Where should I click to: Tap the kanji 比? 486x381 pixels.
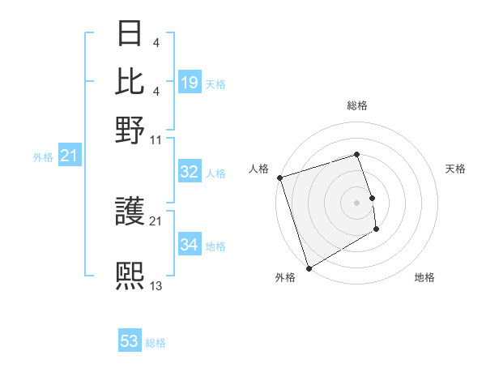[130, 81]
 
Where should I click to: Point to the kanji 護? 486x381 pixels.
[130, 213]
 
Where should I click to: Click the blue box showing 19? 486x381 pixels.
[190, 82]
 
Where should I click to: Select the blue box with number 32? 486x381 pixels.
[190, 172]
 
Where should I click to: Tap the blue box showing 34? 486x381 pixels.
[190, 244]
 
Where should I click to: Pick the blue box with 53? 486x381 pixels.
[130, 341]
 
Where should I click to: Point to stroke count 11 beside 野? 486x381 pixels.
[156, 139]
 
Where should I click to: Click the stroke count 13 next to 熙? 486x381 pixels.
[156, 285]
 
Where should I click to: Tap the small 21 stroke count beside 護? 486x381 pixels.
[156, 220]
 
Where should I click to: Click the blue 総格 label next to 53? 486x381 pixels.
[156, 343]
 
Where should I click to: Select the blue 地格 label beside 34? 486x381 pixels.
[215, 246]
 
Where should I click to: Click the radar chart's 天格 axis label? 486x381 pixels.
[455, 169]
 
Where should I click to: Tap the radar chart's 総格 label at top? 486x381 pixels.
[357, 105]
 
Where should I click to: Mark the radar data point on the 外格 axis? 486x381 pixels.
[309, 268]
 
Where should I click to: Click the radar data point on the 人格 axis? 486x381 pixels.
[279, 178]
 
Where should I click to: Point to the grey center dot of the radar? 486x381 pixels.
[357, 203]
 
